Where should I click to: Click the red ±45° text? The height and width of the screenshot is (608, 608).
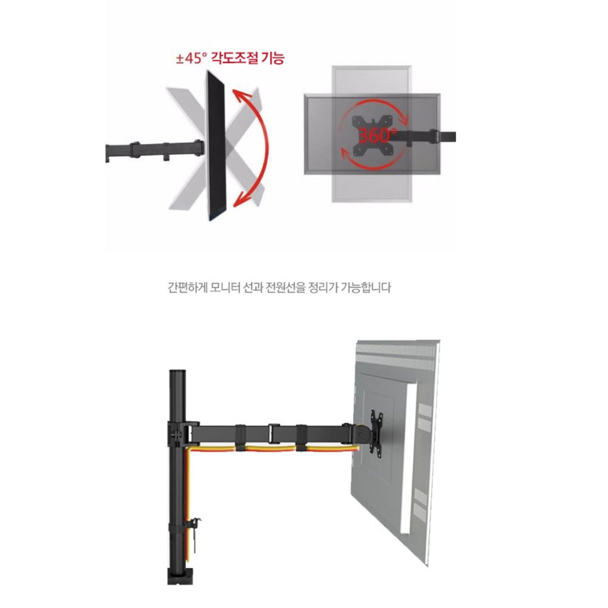click(191, 58)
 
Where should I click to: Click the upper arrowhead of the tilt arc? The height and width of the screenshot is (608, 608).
click(240, 95)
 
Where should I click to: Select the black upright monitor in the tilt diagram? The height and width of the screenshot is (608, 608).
click(216, 145)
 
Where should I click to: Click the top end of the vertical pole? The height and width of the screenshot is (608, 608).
click(177, 371)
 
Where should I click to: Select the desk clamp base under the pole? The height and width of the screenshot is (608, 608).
click(180, 576)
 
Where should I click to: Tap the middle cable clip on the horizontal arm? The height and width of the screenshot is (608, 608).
click(273, 433)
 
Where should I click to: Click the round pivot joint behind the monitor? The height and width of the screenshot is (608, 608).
click(362, 433)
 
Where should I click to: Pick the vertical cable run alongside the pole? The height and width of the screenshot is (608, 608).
click(188, 504)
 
